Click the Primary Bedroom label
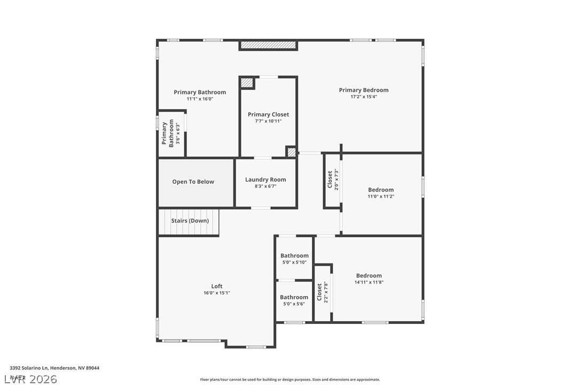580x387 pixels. (363, 90)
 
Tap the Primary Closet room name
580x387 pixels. (268, 114)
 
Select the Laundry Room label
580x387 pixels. (265, 180)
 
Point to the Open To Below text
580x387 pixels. (193, 182)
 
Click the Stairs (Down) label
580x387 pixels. (190, 221)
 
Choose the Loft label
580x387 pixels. (216, 286)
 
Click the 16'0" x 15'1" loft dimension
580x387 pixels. (216, 293)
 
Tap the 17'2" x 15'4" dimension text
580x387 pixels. (363, 97)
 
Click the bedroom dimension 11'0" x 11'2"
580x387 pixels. (381, 197)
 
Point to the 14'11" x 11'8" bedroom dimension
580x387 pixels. (369, 282)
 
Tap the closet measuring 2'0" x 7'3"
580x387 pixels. (332, 180)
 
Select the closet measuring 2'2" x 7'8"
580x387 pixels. (322, 292)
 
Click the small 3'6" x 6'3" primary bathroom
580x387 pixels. (171, 134)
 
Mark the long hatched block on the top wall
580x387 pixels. (268, 45)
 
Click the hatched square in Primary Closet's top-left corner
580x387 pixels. (247, 83)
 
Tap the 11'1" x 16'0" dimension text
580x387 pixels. (200, 99)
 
